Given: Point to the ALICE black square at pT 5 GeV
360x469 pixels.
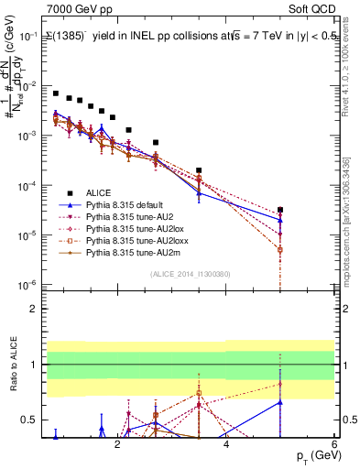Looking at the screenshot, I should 280,210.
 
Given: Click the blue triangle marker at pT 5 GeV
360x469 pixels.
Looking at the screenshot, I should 280,220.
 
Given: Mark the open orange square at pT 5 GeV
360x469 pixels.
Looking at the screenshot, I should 280,249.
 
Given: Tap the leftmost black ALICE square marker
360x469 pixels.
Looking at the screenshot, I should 56,93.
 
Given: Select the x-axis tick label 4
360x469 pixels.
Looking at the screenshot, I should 226,445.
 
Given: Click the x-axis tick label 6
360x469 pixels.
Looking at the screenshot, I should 334,445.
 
